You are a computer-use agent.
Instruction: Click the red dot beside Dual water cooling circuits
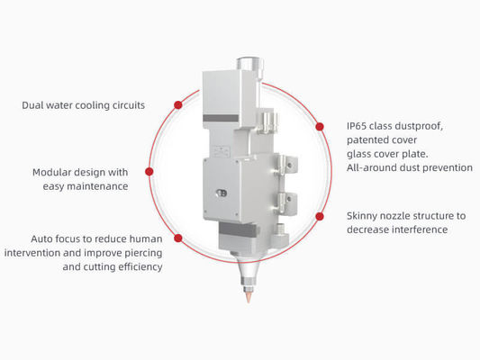178,105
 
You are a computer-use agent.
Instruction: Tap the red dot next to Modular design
149,172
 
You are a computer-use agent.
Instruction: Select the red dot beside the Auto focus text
178,238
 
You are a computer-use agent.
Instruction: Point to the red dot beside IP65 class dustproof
320,126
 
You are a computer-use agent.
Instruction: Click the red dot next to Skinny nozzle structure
320,216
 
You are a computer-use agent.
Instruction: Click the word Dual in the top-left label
32,105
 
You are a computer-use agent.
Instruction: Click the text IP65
357,126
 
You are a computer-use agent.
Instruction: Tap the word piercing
143,253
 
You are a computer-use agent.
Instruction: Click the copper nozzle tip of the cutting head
249,296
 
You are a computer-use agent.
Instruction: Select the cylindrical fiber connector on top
249,67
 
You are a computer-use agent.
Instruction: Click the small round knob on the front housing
222,193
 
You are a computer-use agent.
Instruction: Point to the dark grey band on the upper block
221,119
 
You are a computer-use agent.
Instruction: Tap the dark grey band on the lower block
238,229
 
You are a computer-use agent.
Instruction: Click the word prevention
448,168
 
